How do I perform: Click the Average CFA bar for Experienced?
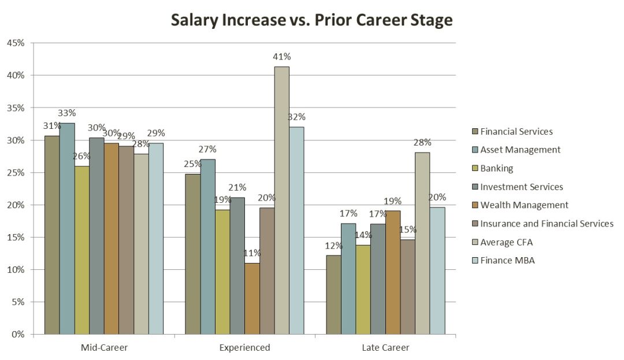pos(281,200)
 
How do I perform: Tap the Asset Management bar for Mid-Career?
pos(66,228)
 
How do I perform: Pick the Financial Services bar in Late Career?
pos(333,294)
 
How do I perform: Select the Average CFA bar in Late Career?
pos(422,243)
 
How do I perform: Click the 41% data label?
pos(282,57)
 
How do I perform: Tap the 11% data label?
pos(252,253)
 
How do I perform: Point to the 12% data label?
pos(333,245)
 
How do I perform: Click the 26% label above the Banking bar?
pos(81,156)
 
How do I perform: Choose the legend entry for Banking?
pos(497,168)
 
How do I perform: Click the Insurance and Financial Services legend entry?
pos(547,223)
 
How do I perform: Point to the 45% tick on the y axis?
pos(16,43)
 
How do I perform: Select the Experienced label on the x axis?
pos(244,348)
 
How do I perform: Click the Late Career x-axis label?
pos(385,348)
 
